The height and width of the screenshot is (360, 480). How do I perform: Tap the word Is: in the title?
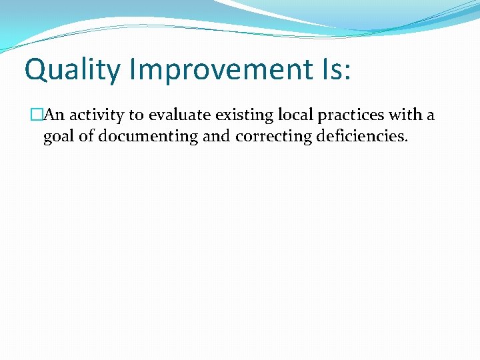[331, 70]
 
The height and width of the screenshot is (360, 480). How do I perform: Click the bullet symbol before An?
[37, 115]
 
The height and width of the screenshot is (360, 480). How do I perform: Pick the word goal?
[57, 137]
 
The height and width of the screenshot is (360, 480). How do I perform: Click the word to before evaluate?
[137, 115]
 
